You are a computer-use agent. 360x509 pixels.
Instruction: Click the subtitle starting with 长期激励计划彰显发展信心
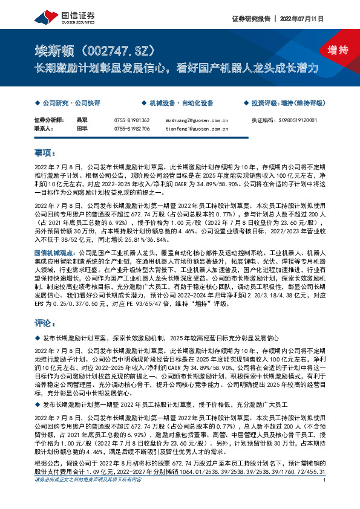(175, 68)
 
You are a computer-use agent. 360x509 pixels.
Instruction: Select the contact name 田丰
(80, 129)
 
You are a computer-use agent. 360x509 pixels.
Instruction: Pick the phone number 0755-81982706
(130, 129)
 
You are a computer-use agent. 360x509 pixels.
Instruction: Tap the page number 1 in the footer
(326, 496)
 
